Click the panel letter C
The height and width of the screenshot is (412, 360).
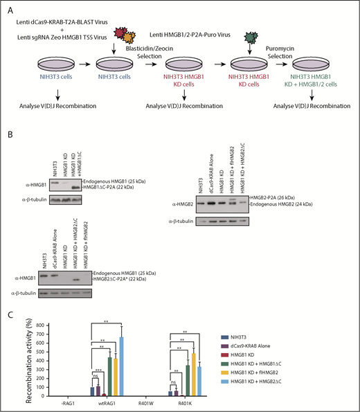pyautogui.click(x=6, y=315)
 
